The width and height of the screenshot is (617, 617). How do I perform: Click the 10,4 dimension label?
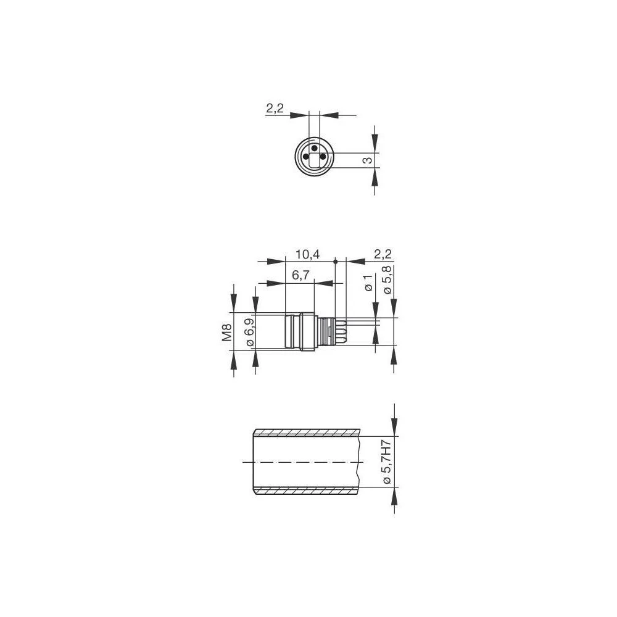click(308, 255)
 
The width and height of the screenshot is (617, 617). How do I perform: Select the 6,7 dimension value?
click(301, 275)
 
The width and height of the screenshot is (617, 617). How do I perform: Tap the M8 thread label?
click(227, 332)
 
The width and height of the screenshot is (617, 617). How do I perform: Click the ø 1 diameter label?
click(369, 283)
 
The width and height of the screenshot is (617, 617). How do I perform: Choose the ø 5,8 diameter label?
click(387, 280)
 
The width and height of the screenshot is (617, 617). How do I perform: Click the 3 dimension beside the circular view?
click(367, 160)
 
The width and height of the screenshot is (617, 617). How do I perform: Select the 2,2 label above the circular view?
click(275, 108)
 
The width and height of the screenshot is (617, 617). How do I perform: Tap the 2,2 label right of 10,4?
click(383, 255)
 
